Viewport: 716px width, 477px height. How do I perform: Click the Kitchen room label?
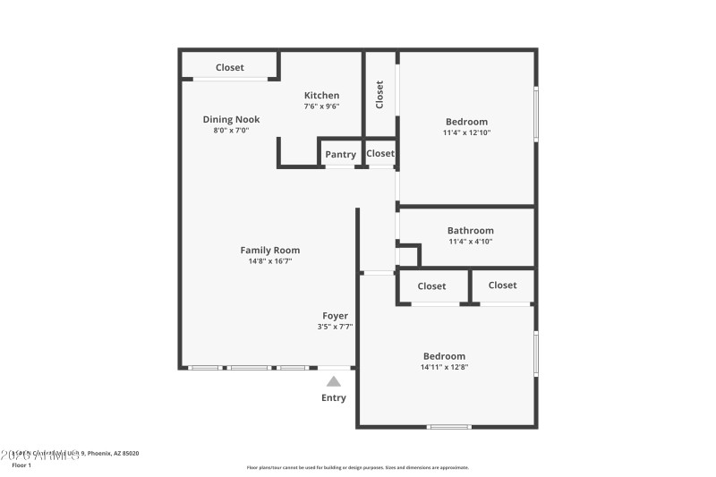[x=321, y=96]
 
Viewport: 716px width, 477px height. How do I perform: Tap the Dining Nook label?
[x=231, y=119]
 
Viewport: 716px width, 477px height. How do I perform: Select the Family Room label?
[x=270, y=251]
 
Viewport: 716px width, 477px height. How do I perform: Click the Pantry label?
[x=340, y=155]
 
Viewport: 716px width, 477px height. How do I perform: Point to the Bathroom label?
[x=470, y=230]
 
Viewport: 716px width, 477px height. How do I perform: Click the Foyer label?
[x=335, y=316]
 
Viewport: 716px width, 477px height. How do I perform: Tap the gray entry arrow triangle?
[x=334, y=381]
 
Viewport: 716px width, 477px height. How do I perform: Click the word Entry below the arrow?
[x=334, y=398]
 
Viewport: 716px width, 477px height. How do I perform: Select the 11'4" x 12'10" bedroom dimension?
[x=466, y=132]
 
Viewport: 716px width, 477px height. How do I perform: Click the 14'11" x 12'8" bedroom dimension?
[x=445, y=367]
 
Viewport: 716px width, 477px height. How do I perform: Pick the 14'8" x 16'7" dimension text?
[x=270, y=261]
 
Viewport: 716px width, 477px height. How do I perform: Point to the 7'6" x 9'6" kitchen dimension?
[x=321, y=106]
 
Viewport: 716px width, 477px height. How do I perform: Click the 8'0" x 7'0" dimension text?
[x=231, y=130]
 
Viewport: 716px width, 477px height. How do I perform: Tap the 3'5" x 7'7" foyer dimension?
[x=335, y=327]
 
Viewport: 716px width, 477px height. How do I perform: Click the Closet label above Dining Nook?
[x=230, y=67]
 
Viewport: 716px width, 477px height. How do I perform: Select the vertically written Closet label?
[x=379, y=94]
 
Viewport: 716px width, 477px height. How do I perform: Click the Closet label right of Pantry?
[x=380, y=153]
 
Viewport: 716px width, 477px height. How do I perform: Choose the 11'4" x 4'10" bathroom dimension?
[x=470, y=241]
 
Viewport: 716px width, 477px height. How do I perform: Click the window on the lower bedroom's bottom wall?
[x=448, y=427]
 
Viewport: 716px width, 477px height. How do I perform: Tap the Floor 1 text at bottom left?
[x=21, y=465]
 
